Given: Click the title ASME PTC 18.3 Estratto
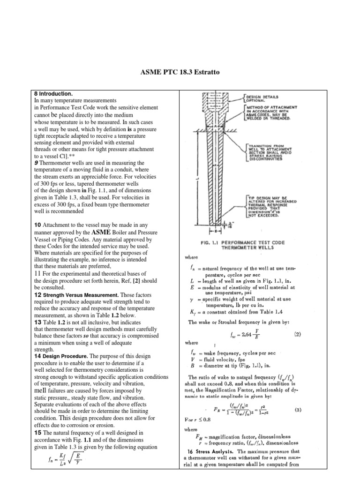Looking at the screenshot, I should pyautogui.click(x=180, y=73).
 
